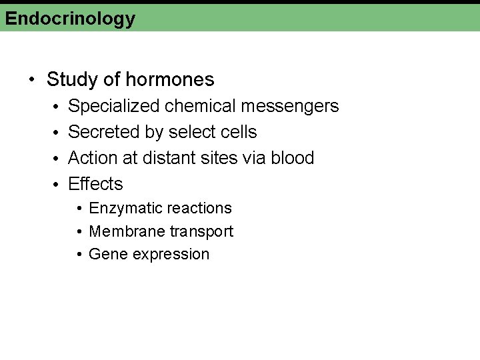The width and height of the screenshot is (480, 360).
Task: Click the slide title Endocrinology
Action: (70, 19)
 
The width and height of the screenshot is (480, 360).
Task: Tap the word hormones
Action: (170, 80)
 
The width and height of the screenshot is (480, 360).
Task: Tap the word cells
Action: (239, 132)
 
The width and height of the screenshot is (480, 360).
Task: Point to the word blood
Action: (292, 158)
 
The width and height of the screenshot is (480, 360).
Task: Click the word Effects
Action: (95, 184)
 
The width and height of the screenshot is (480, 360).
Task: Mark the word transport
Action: (201, 231)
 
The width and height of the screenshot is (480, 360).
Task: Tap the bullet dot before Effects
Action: (57, 185)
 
